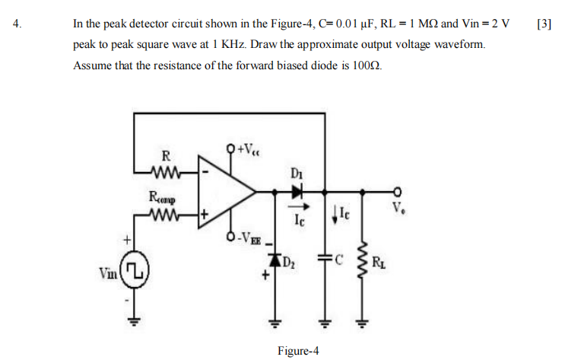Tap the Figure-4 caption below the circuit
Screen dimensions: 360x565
point(298,351)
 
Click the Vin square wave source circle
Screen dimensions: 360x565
point(134,271)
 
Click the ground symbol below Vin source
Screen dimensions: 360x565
point(134,320)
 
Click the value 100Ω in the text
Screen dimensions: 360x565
point(367,65)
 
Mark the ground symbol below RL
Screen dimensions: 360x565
point(363,320)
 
